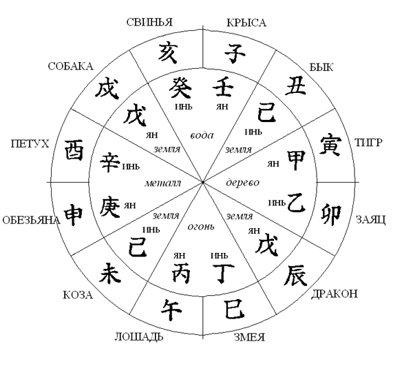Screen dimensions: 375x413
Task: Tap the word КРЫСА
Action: [x=246, y=23]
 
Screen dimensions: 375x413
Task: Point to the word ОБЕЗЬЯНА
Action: [x=30, y=221]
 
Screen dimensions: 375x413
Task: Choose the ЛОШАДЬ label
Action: [x=138, y=337]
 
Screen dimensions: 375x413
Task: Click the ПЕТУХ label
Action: [x=30, y=143]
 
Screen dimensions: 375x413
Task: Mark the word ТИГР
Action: [x=369, y=142]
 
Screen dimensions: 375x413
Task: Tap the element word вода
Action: [x=202, y=135]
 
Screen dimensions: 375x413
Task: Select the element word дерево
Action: [x=242, y=182]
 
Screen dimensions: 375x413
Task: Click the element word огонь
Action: [x=202, y=227]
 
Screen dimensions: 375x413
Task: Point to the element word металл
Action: [x=162, y=184]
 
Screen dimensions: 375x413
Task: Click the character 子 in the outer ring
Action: [x=234, y=52]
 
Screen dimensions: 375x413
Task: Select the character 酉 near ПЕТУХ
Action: [x=74, y=150]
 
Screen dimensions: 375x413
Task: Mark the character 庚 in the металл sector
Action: [x=109, y=205]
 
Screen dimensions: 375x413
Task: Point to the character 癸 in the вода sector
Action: [x=182, y=88]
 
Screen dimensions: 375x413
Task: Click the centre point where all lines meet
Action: [x=202, y=181]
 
